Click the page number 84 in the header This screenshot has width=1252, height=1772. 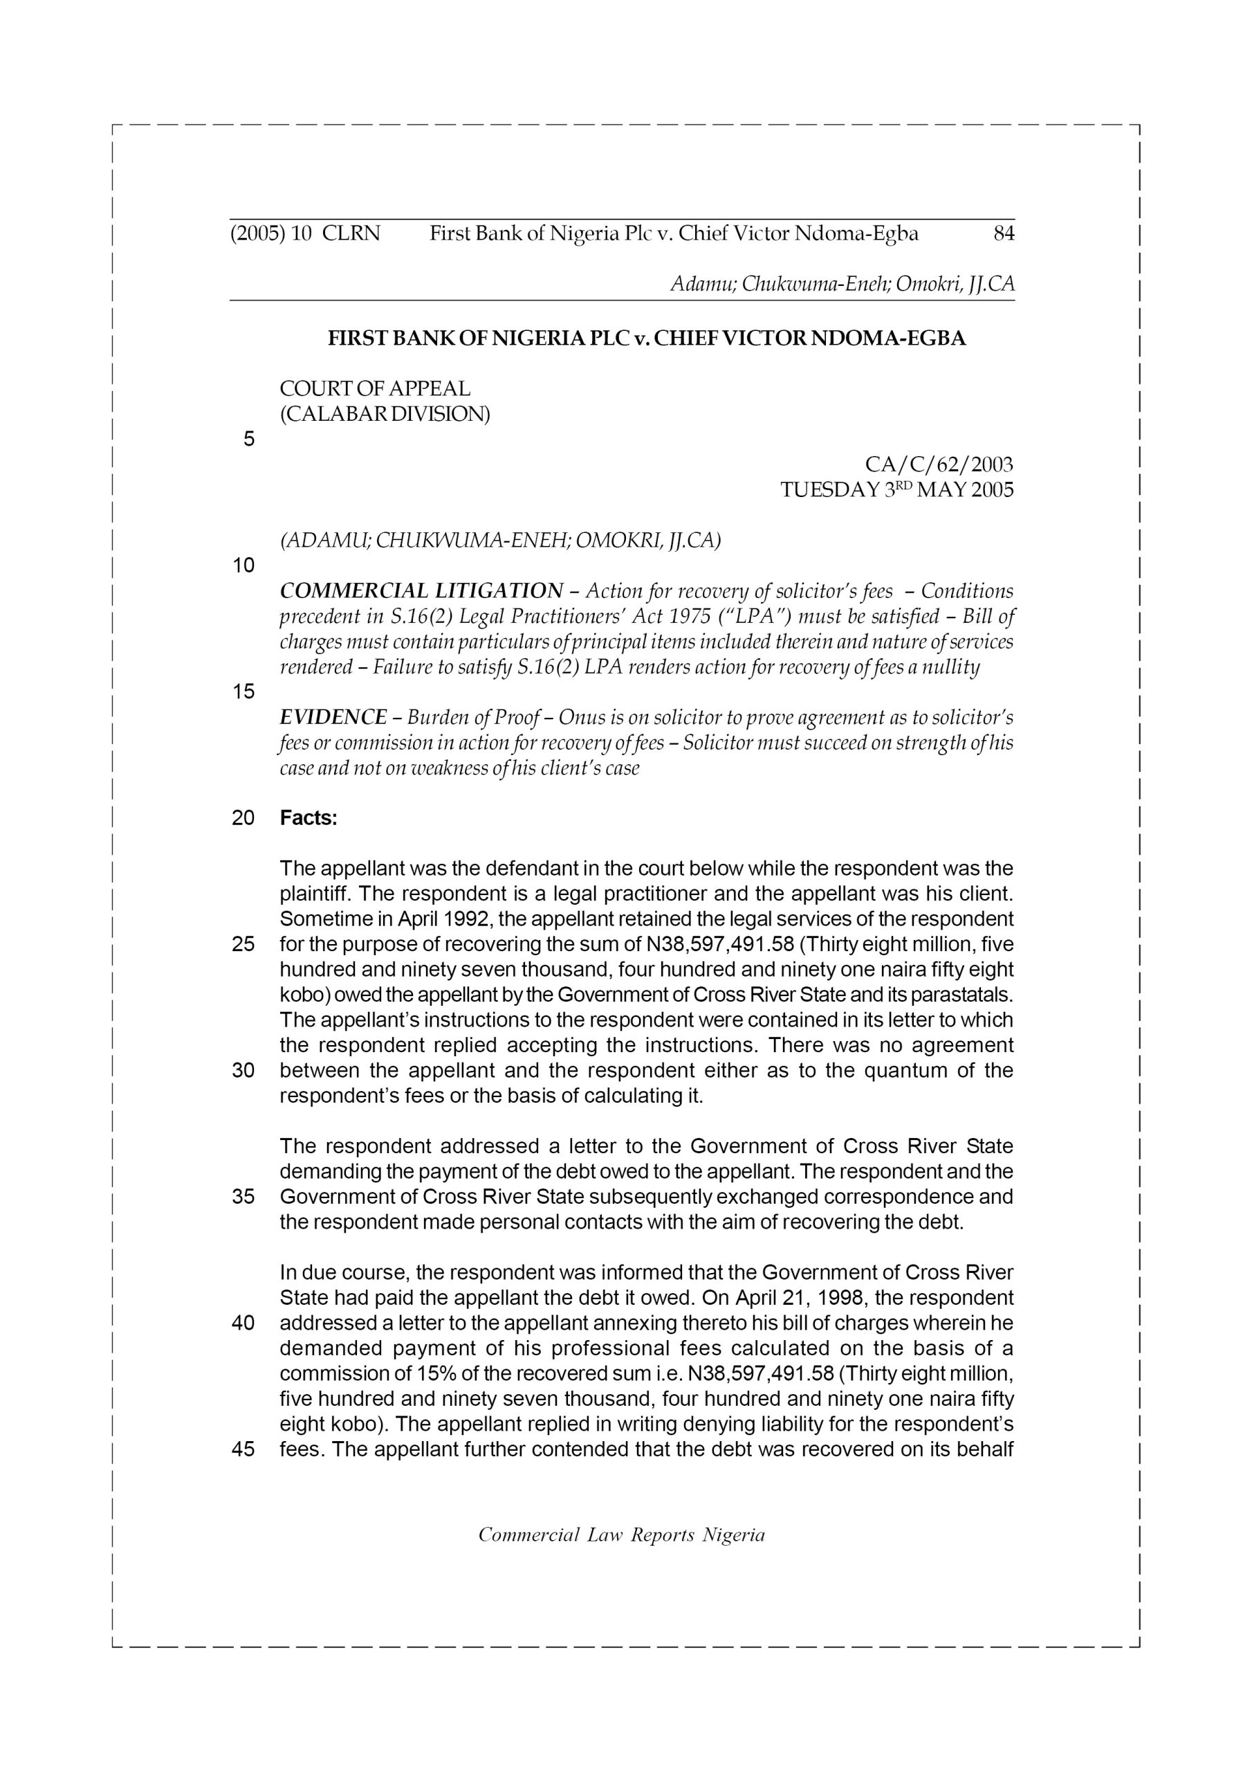[1003, 234]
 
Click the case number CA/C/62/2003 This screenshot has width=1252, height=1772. [939, 464]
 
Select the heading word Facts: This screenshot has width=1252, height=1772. [309, 818]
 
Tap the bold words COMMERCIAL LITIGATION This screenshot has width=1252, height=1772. [421, 591]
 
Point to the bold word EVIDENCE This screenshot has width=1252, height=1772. [333, 717]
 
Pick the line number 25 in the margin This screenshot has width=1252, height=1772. [243, 945]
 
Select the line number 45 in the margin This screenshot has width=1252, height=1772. [243, 1449]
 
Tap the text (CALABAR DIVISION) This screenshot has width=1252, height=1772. [385, 415]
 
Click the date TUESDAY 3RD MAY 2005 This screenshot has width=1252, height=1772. [897, 490]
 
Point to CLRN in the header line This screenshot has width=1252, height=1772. [351, 234]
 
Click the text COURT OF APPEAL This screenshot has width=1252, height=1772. [375, 389]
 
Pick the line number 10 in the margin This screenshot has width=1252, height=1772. [243, 566]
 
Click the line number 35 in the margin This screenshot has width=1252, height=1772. [243, 1197]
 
